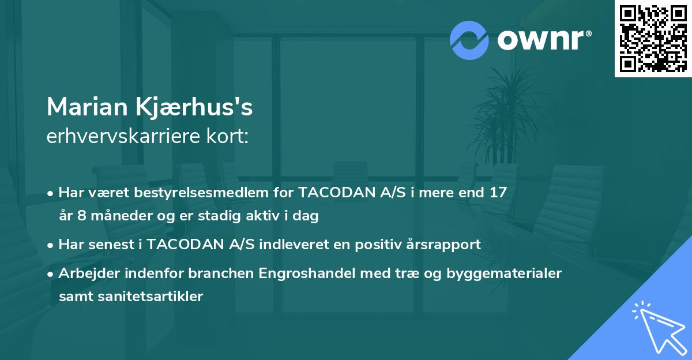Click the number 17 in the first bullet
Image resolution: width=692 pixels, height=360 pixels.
[x=497, y=192]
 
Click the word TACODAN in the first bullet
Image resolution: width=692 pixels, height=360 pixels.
[x=326, y=192]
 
